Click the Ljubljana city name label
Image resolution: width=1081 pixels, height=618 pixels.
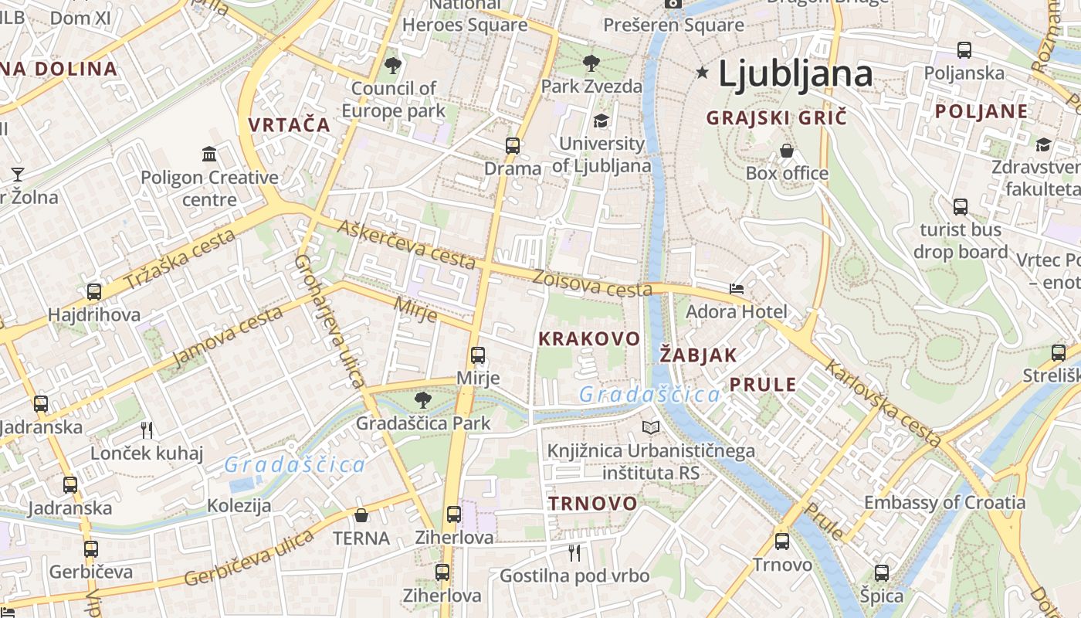pos(795,74)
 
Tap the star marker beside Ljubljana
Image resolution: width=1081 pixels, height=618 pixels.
pos(702,73)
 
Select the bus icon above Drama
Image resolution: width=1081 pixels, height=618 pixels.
pos(513,145)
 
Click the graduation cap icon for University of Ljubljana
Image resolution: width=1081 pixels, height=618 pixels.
pos(601,121)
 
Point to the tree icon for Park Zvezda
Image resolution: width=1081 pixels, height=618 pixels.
pos(591,63)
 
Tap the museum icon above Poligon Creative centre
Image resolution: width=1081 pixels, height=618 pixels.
pos(209,154)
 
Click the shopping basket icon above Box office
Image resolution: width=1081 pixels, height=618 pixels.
pos(787,150)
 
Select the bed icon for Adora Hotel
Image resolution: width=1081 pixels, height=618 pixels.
pos(737,290)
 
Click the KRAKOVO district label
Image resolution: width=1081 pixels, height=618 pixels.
pos(589,338)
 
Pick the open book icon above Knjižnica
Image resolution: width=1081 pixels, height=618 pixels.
pos(652,427)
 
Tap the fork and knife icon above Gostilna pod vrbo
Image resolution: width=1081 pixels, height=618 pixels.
pos(574,552)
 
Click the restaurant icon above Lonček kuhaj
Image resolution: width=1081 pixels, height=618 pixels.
pos(147,430)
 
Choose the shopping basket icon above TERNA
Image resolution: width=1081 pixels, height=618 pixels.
pos(361,515)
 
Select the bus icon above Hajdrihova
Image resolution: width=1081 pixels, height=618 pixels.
pos(94,292)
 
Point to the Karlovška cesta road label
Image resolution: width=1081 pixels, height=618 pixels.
pos(883,403)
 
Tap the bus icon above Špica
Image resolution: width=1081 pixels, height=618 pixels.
pos(882,572)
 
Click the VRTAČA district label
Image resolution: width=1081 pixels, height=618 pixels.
pos(289,124)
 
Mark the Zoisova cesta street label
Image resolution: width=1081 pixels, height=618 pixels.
pos(592,284)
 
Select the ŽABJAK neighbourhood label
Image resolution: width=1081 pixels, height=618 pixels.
pos(699,355)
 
